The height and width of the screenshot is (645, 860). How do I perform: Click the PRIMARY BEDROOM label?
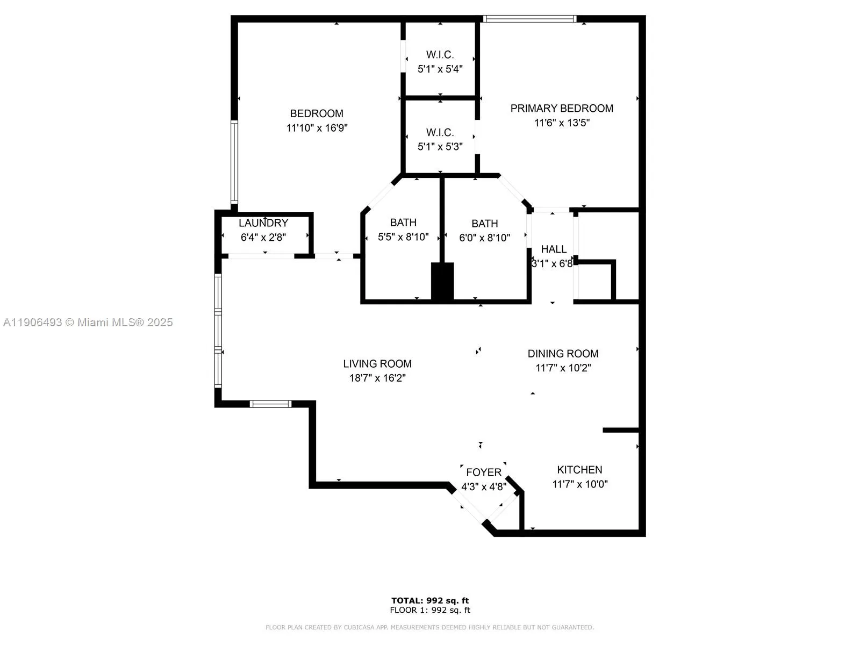(562, 108)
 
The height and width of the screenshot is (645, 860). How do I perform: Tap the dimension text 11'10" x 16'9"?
(317, 128)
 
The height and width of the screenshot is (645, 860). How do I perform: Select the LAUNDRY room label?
(263, 223)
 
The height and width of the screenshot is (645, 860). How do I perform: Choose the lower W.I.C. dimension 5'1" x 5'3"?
(440, 146)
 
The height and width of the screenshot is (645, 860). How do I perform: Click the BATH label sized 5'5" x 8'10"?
(403, 222)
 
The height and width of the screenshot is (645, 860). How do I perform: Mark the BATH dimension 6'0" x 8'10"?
(484, 238)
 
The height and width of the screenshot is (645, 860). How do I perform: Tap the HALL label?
(554, 249)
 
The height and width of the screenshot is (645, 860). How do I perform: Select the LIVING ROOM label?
(377, 364)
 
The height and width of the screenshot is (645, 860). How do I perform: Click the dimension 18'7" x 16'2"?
(377, 378)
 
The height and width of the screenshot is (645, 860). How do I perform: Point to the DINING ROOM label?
(563, 354)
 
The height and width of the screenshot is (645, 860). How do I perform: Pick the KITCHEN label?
(579, 469)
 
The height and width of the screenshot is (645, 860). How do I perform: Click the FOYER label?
(484, 472)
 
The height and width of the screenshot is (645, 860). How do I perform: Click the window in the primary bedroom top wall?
(529, 19)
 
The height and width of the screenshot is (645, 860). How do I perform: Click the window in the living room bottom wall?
(271, 404)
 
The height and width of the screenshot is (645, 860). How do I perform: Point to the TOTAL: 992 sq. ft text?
(430, 600)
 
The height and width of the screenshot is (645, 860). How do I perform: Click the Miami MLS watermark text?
(88, 322)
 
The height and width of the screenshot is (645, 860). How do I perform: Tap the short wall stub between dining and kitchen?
(621, 430)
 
